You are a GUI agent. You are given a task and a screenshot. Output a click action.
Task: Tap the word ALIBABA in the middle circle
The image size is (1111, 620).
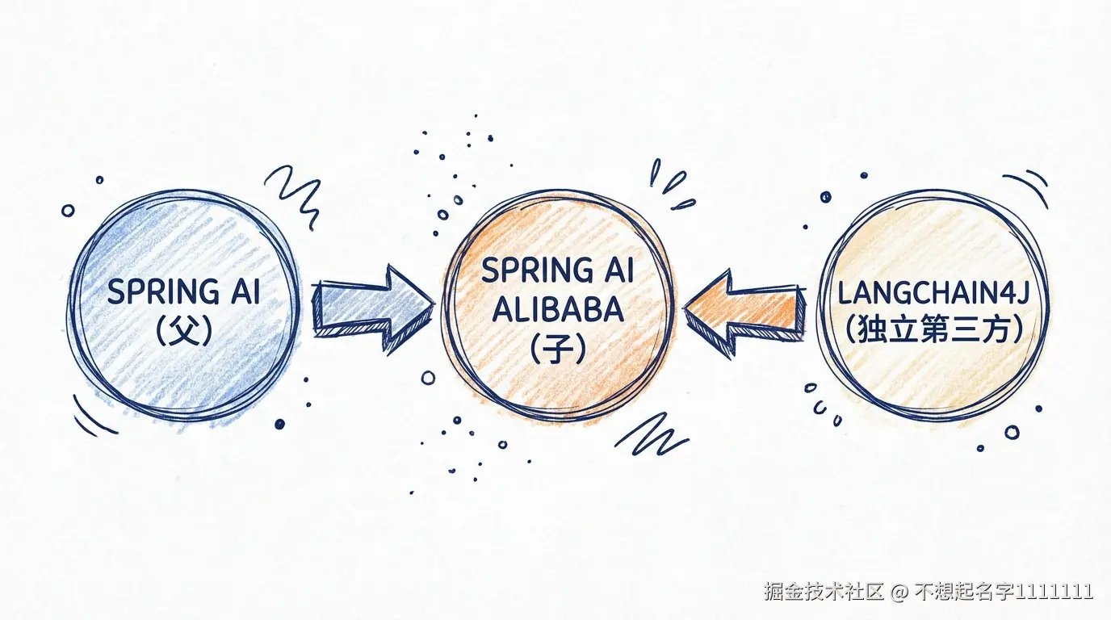coord(557,309)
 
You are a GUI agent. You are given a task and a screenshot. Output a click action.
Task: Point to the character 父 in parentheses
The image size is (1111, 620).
coord(184,331)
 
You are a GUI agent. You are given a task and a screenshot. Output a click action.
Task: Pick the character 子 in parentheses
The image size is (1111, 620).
coord(557,349)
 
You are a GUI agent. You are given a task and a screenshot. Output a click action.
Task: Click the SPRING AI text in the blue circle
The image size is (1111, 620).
coord(184,292)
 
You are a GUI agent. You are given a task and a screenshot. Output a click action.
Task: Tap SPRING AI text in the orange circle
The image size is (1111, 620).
coord(557,270)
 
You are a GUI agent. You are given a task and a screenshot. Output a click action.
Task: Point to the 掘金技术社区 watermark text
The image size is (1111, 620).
coord(823,591)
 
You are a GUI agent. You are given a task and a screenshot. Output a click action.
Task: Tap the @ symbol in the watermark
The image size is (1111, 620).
coord(899,592)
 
